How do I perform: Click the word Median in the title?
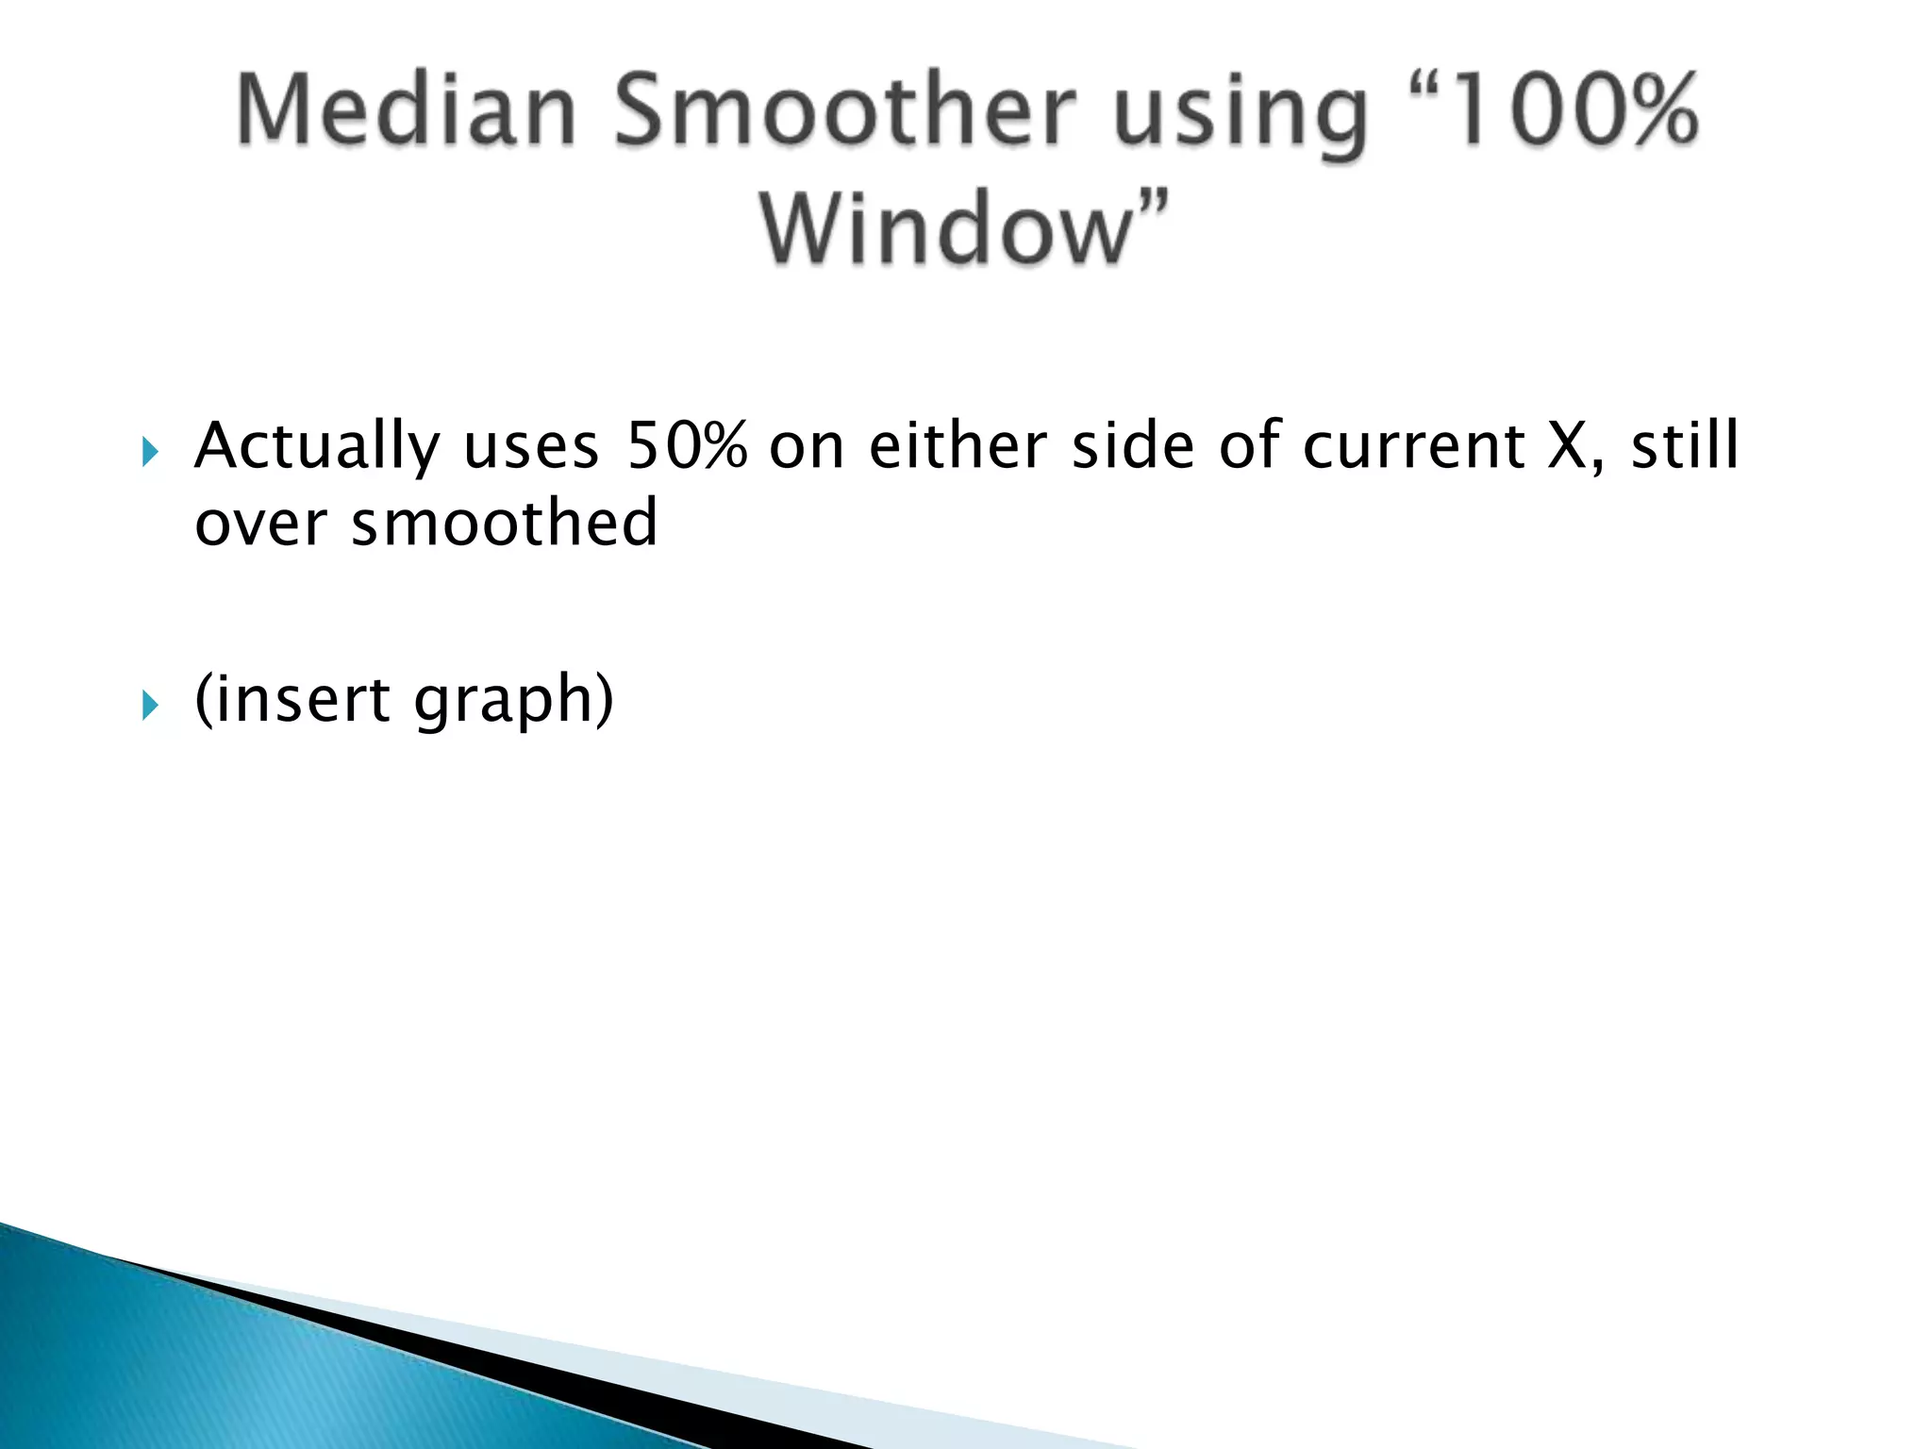(406, 110)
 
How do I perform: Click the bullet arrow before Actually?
(150, 452)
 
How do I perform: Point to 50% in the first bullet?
(687, 445)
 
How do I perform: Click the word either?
(958, 445)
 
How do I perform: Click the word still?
(1685, 445)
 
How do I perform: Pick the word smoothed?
(504, 524)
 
